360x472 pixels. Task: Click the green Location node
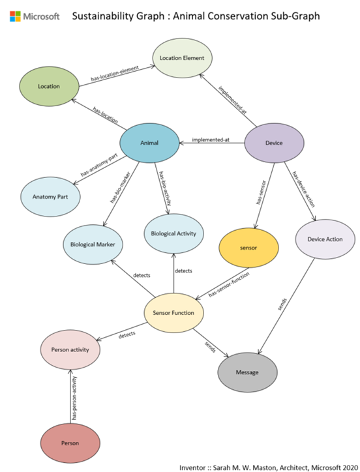point(50,86)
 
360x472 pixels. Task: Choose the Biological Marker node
point(93,246)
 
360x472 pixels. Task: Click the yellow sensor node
point(248,248)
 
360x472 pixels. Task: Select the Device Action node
point(323,239)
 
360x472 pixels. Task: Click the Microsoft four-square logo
point(14,16)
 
